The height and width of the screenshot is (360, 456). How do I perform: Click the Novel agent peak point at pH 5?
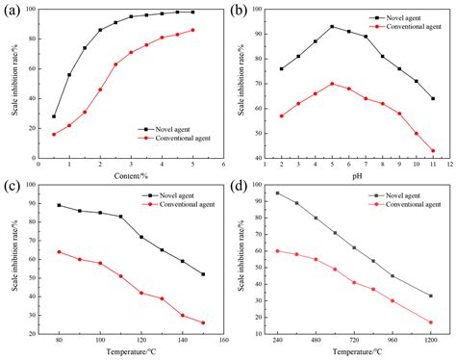[332, 27]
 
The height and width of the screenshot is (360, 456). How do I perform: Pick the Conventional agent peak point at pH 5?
[332, 84]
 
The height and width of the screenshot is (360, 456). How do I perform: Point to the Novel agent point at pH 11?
[433, 98]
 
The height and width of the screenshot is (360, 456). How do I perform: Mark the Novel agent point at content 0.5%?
[54, 116]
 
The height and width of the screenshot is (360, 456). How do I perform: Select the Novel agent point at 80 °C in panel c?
[60, 205]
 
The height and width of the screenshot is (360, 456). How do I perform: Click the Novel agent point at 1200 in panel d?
[430, 296]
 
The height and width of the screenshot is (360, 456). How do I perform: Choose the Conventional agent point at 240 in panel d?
[277, 250]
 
